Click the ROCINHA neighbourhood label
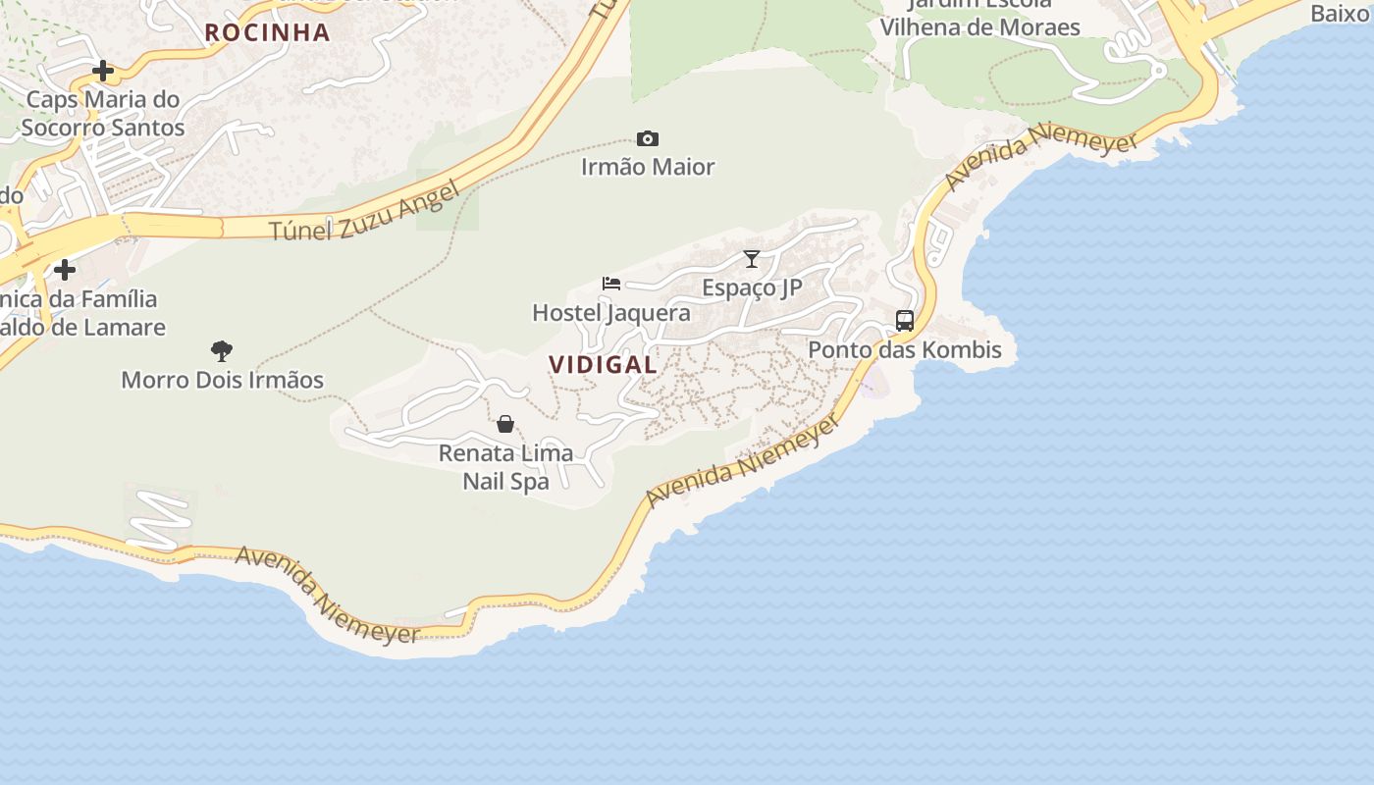tap(267, 32)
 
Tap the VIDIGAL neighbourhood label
tap(603, 365)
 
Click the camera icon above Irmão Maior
tap(648, 139)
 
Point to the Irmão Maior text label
tap(648, 167)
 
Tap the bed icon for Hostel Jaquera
tap(611, 284)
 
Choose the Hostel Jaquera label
tap(610, 313)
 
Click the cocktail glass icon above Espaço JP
tap(752, 259)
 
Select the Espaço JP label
tap(752, 288)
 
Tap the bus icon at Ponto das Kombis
tap(905, 321)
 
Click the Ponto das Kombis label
tap(904, 349)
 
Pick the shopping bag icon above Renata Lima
tap(505, 424)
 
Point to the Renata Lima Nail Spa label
tap(505, 467)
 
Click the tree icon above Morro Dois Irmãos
tap(222, 351)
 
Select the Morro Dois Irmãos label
tap(222, 380)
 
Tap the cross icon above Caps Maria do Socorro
tap(103, 71)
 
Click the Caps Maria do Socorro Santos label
tap(103, 113)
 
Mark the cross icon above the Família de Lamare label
tap(65, 269)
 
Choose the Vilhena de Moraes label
tap(979, 26)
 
